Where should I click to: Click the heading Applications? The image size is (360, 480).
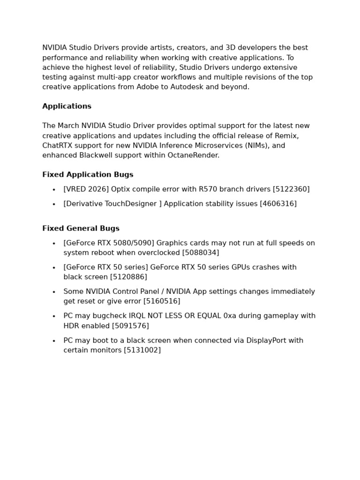pos(67,106)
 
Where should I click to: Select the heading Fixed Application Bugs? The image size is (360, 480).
pos(88,175)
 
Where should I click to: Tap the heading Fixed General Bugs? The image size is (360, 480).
pos(81,229)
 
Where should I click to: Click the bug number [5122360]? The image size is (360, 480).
pos(291,189)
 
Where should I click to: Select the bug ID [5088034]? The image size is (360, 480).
pos(200,253)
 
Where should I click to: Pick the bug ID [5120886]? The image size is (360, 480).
pos(128,277)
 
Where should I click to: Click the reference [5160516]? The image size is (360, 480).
pos(162,301)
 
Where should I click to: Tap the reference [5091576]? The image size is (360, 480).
pos(130,326)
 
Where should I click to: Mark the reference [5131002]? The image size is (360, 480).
pos(142,350)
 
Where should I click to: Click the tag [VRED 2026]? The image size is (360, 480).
pos(86,189)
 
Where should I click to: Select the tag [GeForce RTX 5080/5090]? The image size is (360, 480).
pos(109,243)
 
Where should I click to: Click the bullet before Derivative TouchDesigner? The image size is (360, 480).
pos(54,204)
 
